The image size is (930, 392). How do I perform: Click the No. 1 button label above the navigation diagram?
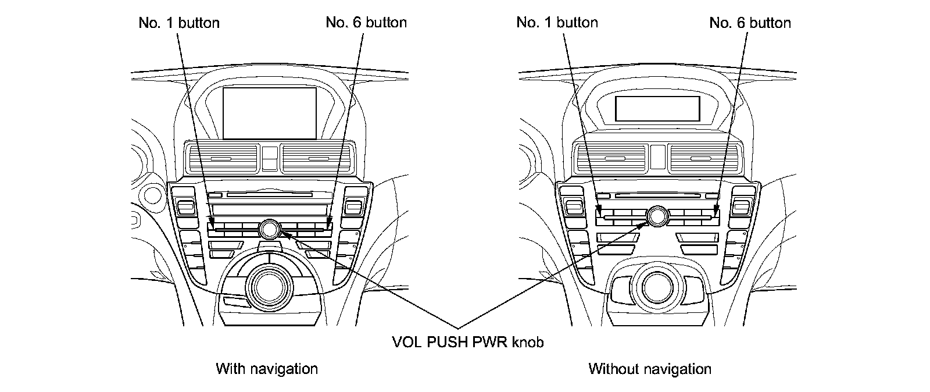click(x=179, y=23)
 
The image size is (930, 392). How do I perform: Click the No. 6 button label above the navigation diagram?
click(x=366, y=23)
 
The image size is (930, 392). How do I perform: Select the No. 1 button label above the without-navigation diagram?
click(x=557, y=23)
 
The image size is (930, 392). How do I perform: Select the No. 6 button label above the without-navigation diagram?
click(x=750, y=23)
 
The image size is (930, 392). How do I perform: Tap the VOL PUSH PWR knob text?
click(x=468, y=343)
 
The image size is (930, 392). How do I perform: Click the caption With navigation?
click(x=267, y=369)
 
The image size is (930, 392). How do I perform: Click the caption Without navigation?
click(x=649, y=369)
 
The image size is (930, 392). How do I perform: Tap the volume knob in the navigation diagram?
click(x=270, y=229)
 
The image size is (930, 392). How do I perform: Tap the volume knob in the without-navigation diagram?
click(x=658, y=216)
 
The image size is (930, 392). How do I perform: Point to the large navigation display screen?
click(x=270, y=113)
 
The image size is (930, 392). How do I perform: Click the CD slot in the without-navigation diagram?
click(x=657, y=196)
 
